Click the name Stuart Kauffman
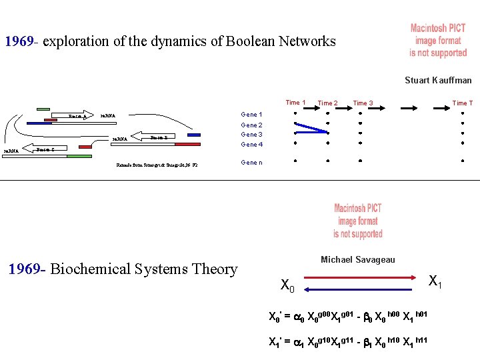(x=438, y=80)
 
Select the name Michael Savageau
(x=358, y=259)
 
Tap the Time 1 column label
(x=295, y=103)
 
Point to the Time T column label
(x=463, y=103)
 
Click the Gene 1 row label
(x=251, y=115)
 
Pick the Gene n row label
(x=251, y=163)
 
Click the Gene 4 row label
(x=251, y=145)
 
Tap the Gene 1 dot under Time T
(x=463, y=113)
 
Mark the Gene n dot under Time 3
(x=360, y=161)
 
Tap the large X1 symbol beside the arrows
(x=435, y=281)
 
